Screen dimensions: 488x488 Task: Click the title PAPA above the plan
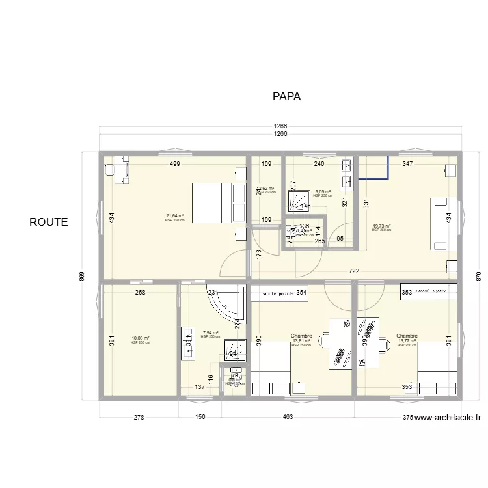point(286,96)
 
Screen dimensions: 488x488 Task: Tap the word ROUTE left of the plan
point(48,222)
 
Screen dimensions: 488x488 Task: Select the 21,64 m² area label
point(175,216)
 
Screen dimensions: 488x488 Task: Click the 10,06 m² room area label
point(141,338)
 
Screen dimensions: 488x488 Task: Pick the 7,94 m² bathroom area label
point(210,332)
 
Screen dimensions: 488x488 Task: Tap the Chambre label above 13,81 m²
point(301,336)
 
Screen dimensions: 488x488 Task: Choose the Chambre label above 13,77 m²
point(407,336)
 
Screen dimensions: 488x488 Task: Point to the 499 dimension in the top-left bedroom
point(175,164)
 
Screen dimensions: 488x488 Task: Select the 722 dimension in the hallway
point(354,271)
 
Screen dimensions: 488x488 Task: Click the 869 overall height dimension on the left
point(82,276)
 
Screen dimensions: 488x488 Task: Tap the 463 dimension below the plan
point(287,417)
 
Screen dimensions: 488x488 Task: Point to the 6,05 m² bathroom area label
point(323,192)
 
